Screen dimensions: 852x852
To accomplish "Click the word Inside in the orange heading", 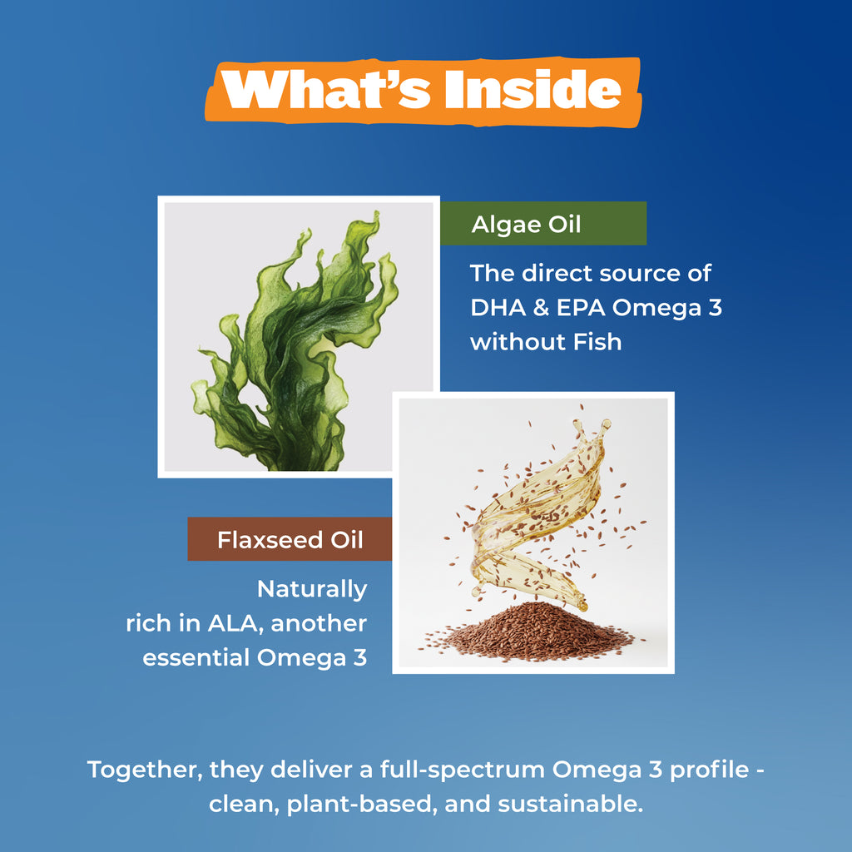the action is click(532, 90).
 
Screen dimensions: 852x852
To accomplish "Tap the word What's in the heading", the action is click(327, 90).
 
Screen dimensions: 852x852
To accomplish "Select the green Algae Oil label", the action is click(543, 223).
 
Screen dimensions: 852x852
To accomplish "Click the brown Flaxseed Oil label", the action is click(290, 539).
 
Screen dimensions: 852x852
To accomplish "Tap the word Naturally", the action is click(312, 590).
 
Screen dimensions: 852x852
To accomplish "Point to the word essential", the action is click(196, 657).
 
